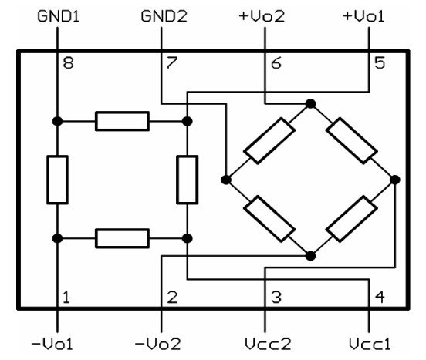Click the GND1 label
click(x=58, y=15)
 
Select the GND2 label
click(x=161, y=15)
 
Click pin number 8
click(x=68, y=63)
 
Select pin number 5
click(x=379, y=63)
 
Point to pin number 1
click(x=68, y=296)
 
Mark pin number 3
click(x=276, y=296)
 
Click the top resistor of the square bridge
click(x=122, y=121)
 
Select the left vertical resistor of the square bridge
click(x=58, y=179)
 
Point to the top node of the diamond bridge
click(x=310, y=103)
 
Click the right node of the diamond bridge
click(x=394, y=179)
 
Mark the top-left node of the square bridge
click(x=58, y=121)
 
